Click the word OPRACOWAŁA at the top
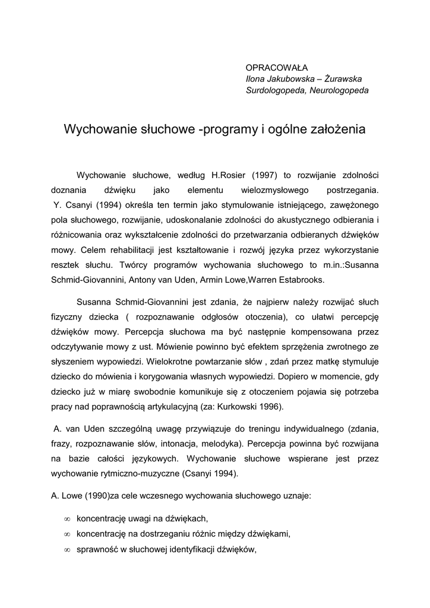click(271, 68)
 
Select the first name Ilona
click(257, 79)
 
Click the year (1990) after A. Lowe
click(95, 495)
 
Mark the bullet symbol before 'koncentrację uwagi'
click(67, 519)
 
